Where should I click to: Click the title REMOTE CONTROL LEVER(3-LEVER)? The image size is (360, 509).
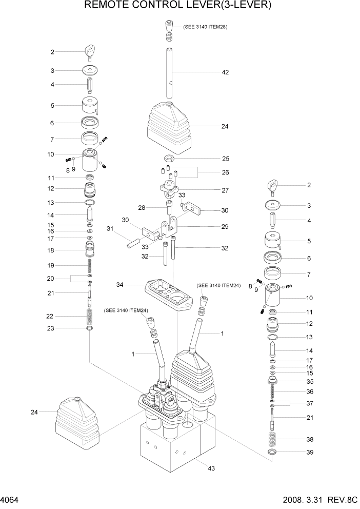click(180, 6)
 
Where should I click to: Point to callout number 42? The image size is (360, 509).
click(225, 72)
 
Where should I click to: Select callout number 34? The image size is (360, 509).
click(119, 284)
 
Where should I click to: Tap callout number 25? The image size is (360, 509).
click(225, 159)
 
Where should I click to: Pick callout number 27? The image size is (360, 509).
click(225, 190)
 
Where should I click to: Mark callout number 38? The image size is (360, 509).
click(309, 440)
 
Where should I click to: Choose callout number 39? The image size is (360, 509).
click(309, 452)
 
